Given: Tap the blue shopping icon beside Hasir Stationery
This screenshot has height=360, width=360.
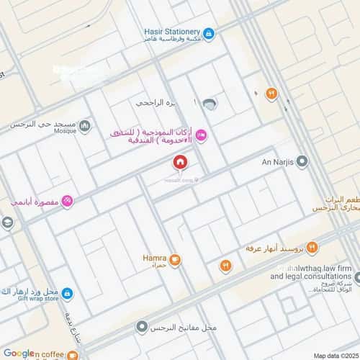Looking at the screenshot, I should pyautogui.click(x=209, y=33).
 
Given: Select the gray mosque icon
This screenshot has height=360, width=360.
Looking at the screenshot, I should pyautogui.click(x=86, y=126).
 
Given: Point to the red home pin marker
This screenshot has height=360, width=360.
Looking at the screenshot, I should pyautogui.click(x=179, y=163).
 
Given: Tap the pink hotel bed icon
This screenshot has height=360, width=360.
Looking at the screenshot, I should pyautogui.click(x=202, y=134).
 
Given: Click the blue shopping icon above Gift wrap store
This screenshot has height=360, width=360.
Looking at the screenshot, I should pyautogui.click(x=67, y=293).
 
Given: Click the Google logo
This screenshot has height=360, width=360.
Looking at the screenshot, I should pyautogui.click(x=19, y=353).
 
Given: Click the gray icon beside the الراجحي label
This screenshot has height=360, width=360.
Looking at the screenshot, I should pyautogui.click(x=209, y=104).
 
